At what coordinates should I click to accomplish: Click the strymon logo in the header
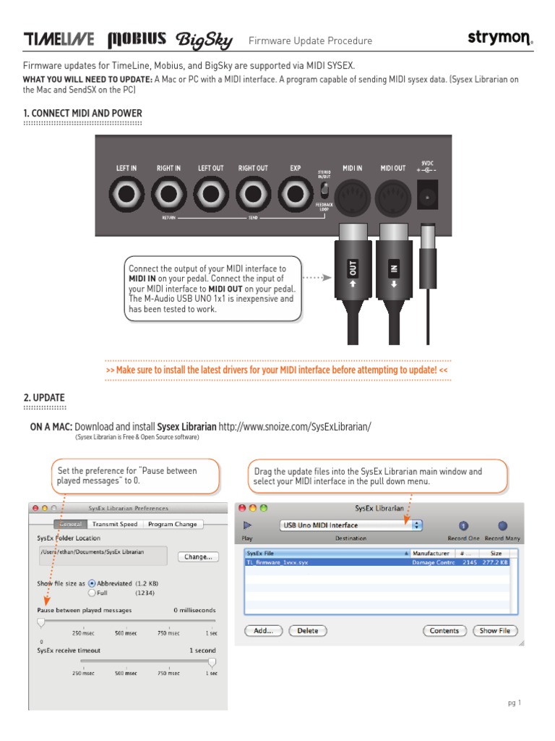[499, 39]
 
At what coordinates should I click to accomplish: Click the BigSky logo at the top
[205, 40]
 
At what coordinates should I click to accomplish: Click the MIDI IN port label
[352, 168]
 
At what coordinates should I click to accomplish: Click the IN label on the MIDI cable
[394, 269]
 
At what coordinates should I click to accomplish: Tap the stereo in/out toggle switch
[325, 191]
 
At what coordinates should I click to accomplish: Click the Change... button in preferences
[198, 556]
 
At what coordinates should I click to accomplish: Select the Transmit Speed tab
[114, 525]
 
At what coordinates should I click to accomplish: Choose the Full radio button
[92, 592]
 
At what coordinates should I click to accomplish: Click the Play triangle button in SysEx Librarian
[248, 525]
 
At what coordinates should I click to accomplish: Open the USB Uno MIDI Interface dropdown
[351, 525]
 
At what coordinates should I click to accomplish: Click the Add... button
[263, 630]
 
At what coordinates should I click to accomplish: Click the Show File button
[494, 630]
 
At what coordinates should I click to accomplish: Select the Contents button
[444, 630]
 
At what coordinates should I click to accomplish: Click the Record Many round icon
[503, 526]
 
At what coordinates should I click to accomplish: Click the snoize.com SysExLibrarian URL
[294, 427]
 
